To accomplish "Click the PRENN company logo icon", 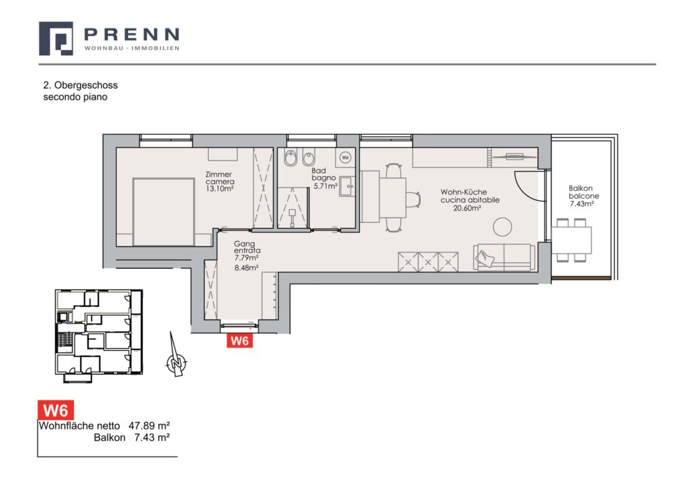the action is (56, 39).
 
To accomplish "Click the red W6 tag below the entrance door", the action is (239, 341).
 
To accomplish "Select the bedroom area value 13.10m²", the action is (220, 188).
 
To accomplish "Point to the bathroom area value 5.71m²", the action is (325, 186).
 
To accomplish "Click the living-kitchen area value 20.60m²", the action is (467, 207).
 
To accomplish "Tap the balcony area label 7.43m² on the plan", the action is (581, 203).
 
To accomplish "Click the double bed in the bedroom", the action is (164, 211).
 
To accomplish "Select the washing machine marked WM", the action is (346, 157).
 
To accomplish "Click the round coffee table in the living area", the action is (502, 228).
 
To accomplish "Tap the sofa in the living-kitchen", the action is (504, 257).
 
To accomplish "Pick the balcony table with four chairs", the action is (571, 240).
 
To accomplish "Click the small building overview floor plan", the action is (99, 334).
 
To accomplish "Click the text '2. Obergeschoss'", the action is (80, 85).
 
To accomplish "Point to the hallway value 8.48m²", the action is (247, 268).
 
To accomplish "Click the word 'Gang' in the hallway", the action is (244, 244).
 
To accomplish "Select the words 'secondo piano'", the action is (75, 97).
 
